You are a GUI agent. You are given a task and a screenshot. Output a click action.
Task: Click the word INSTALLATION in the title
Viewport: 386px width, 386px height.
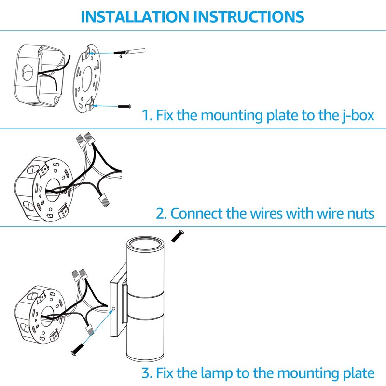pyautogui.click(x=135, y=17)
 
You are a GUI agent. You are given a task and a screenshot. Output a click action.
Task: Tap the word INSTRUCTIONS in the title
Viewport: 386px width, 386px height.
pyautogui.click(x=249, y=17)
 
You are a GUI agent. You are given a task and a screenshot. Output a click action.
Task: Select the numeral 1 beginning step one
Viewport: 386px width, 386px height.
pyautogui.click(x=147, y=115)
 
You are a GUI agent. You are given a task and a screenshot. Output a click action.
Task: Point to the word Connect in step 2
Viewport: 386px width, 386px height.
pyautogui.click(x=196, y=213)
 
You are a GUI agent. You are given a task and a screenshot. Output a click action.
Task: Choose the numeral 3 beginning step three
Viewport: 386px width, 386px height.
pyautogui.click(x=147, y=373)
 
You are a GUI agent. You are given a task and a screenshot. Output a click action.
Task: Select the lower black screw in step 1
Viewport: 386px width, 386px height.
pyautogui.click(x=124, y=106)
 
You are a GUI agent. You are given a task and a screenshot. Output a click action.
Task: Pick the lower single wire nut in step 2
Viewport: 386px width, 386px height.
pyautogui.click(x=104, y=200)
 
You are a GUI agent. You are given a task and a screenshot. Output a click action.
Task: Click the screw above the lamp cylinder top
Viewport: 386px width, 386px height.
pyautogui.click(x=178, y=236)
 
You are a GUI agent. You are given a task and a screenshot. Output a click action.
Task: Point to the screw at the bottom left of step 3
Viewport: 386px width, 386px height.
pyautogui.click(x=78, y=349)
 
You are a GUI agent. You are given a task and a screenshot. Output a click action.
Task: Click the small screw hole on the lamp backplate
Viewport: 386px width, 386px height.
pyautogui.click(x=113, y=309)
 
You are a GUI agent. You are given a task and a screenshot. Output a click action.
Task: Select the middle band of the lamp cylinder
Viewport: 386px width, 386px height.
pyautogui.click(x=146, y=305)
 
